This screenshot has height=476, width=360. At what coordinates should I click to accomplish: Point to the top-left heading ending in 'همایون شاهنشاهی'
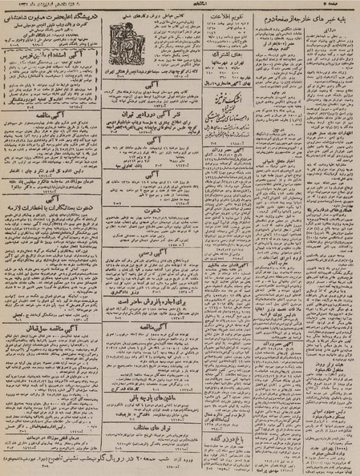click(50, 15)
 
